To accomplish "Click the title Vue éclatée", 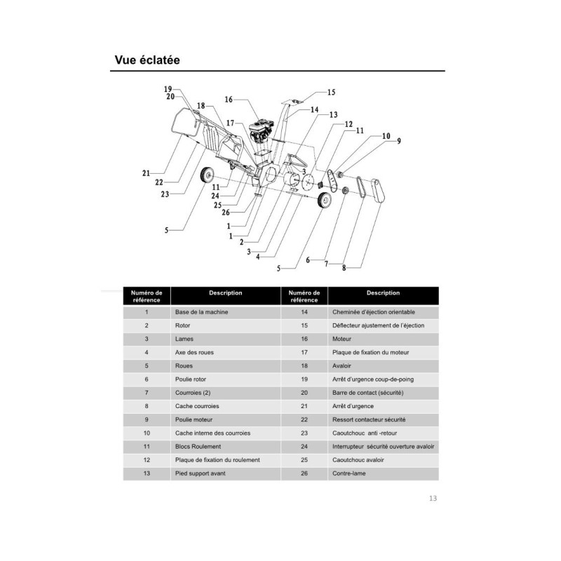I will click(147, 60).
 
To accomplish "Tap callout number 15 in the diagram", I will click(331, 92).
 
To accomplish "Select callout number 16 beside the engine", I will click(229, 100).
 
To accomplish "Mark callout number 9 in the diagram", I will click(399, 141).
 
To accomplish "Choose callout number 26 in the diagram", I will click(224, 212).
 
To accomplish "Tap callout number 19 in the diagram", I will click(168, 89).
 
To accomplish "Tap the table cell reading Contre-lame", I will click(348, 473).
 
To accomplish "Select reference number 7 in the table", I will click(147, 392).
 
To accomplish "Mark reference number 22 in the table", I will click(304, 419).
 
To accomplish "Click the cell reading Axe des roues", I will click(192, 352).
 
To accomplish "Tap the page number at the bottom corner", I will click(433, 499).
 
